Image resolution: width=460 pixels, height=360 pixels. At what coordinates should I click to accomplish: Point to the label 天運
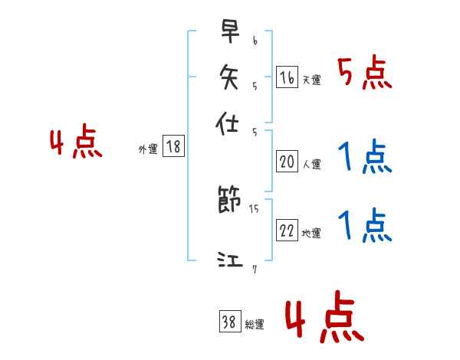(311, 80)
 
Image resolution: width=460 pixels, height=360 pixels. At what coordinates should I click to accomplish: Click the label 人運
(311, 164)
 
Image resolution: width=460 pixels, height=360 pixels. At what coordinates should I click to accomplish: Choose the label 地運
(311, 234)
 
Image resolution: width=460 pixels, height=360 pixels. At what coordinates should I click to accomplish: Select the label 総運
(255, 325)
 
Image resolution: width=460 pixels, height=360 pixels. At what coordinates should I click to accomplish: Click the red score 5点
(364, 74)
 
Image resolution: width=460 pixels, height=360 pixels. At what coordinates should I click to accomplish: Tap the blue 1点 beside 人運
(364, 158)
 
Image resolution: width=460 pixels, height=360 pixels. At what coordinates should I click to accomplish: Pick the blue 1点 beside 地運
(364, 227)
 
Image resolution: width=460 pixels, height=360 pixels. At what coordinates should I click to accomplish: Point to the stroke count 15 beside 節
(254, 208)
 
